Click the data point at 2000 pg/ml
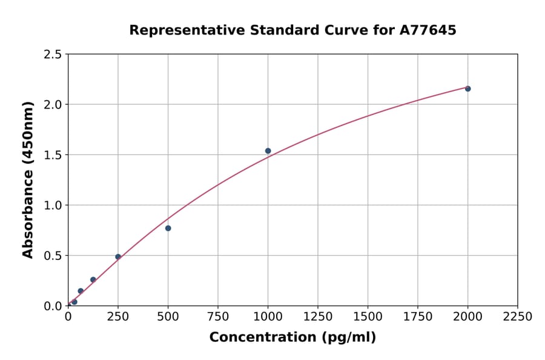pyautogui.click(x=467, y=88)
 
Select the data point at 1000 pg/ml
pyautogui.click(x=268, y=151)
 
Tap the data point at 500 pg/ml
pyautogui.click(x=168, y=228)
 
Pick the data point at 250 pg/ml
pyautogui.click(x=118, y=257)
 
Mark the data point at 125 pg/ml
pyautogui.click(x=93, y=279)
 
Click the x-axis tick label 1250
pyautogui.click(x=317, y=316)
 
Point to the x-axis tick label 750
pyautogui.click(x=217, y=316)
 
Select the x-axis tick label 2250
pyautogui.click(x=517, y=316)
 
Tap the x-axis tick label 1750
pyautogui.click(x=417, y=316)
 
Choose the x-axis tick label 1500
pyautogui.click(x=368, y=316)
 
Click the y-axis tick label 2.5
pyautogui.click(x=53, y=55)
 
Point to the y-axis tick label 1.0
pyautogui.click(x=53, y=205)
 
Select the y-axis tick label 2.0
pyautogui.click(x=53, y=105)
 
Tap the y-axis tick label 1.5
pyautogui.click(x=53, y=155)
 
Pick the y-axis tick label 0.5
pyautogui.click(x=53, y=256)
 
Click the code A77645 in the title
pyautogui.click(x=427, y=30)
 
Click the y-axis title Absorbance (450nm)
pyautogui.click(x=28, y=179)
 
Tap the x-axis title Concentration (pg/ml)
pyautogui.click(x=292, y=338)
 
